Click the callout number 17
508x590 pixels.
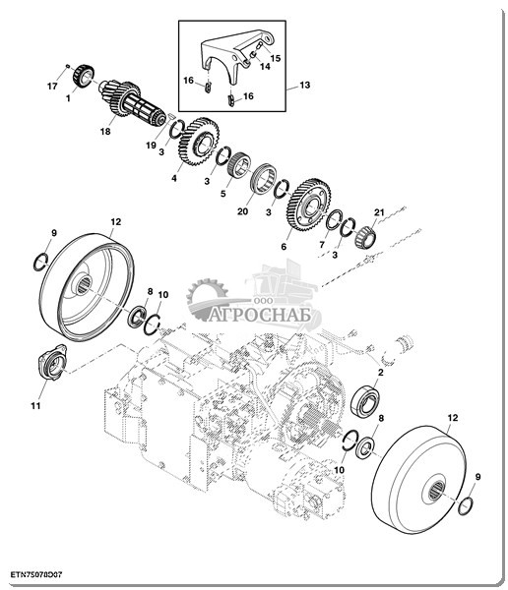52,87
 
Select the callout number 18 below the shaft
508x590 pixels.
105,132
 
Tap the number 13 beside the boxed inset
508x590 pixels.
304,85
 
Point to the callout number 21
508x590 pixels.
379,212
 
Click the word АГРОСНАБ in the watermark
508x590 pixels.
260,316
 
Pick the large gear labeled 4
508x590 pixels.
199,141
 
